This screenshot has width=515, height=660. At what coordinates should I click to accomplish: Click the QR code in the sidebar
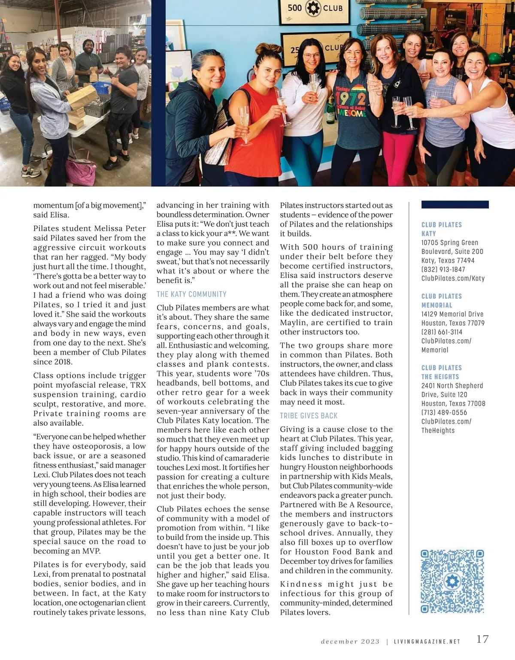[x=452, y=581]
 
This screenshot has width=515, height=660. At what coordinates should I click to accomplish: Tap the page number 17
[x=482, y=639]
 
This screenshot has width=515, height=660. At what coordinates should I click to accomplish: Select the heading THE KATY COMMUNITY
[x=191, y=294]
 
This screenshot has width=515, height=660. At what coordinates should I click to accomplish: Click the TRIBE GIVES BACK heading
[x=309, y=415]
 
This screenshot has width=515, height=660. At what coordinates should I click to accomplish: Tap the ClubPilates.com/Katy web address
[x=453, y=279]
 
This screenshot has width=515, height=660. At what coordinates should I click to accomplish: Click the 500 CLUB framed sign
[x=315, y=9]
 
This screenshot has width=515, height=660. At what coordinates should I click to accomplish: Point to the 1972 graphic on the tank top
[x=351, y=100]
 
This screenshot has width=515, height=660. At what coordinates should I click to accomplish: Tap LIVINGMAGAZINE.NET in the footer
[x=427, y=642]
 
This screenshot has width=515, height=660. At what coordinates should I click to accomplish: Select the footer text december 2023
[x=350, y=642]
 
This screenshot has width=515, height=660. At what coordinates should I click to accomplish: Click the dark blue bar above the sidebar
[x=455, y=205]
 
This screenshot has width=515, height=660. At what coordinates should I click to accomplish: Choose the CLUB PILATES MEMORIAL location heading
[x=442, y=301]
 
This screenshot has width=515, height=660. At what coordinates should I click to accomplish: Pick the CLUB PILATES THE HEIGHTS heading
[x=442, y=372]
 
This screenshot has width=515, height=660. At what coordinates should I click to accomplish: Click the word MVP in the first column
[x=91, y=551]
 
